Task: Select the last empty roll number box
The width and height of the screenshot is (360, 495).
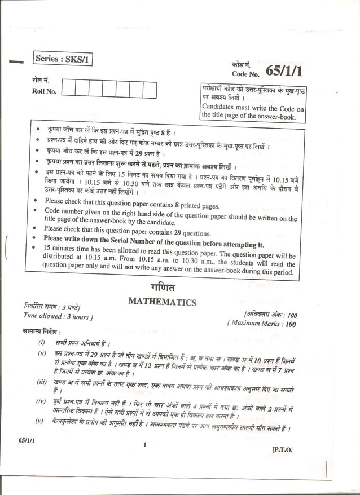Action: click(150, 90)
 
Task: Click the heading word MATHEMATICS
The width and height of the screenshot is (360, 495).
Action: click(162, 302)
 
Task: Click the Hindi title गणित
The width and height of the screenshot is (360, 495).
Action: click(163, 287)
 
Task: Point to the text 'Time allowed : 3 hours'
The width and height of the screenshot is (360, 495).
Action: click(55, 316)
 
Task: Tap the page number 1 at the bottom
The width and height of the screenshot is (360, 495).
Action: click(145, 445)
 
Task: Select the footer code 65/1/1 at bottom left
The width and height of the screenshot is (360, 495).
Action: click(26, 439)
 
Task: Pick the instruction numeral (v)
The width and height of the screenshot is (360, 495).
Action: click(39, 421)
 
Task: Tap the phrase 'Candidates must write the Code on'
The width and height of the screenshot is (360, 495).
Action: click(253, 107)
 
